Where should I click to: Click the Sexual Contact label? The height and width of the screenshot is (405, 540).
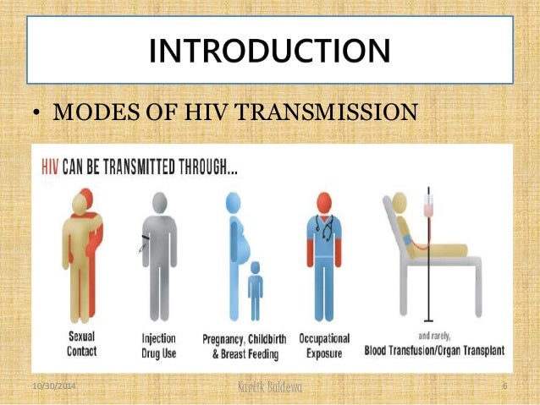pos(80,344)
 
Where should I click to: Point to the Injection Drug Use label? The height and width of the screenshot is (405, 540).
pos(158,346)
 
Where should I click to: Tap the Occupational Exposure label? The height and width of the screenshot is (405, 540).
pos(323,346)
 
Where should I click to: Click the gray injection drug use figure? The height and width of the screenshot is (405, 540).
pos(158,254)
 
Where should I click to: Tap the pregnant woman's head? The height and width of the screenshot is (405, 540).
pos(233,202)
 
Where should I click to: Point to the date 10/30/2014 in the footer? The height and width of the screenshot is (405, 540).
pos(52,386)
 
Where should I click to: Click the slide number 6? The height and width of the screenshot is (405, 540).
pos(504,386)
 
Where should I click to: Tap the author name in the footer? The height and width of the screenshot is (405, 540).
pos(270,387)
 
